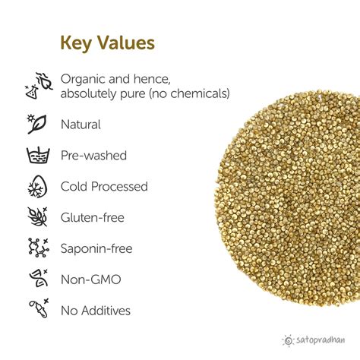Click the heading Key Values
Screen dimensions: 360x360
[x=107, y=43]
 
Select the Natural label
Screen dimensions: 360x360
[x=81, y=125]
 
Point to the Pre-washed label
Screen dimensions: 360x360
[x=93, y=155]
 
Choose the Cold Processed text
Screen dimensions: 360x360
[x=104, y=186]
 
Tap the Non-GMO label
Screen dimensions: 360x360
[x=90, y=279]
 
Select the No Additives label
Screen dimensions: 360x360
[x=96, y=311]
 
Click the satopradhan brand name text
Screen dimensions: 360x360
[x=321, y=341]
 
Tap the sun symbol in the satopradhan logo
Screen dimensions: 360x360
[x=287, y=341]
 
